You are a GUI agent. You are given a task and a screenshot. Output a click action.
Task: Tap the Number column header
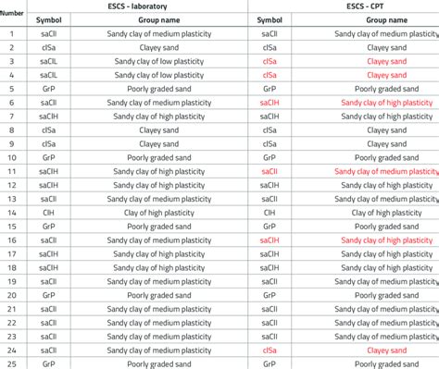pos(12,13)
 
